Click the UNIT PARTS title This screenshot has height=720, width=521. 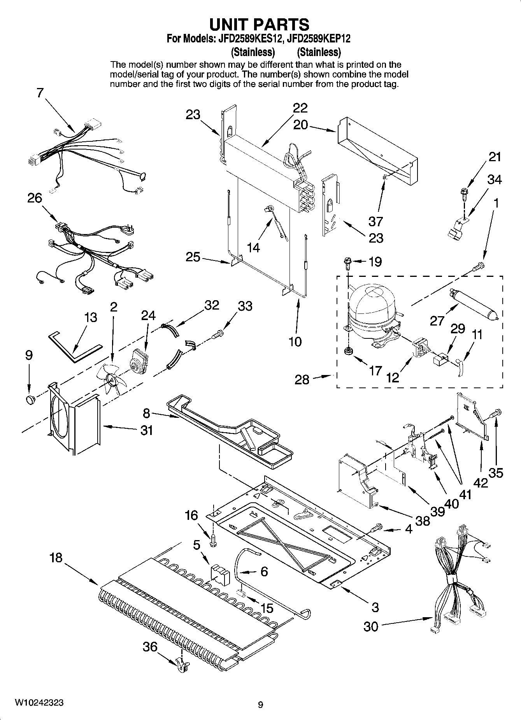click(260, 24)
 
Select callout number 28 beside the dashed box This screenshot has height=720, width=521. click(302, 379)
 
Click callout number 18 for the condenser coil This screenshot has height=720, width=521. click(56, 558)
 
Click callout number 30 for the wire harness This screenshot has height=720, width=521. click(371, 627)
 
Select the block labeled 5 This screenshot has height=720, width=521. click(220, 575)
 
